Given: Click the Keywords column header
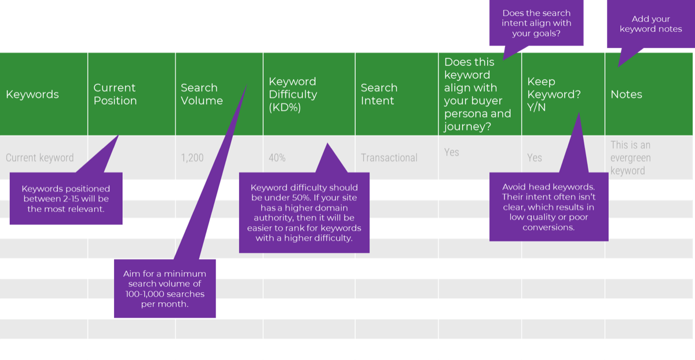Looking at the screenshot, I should tap(32, 94).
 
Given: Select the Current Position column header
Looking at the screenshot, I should tap(115, 94).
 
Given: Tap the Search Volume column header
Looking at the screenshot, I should tap(202, 94).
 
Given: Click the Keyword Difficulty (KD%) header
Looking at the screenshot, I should tap(293, 94).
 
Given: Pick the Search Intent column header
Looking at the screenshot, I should tap(379, 94).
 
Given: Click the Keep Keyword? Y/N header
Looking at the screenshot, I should tap(554, 94).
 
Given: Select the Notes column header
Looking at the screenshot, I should tap(626, 94).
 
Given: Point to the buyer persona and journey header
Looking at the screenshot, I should tap(477, 94).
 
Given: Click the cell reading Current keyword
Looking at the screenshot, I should tap(40, 157).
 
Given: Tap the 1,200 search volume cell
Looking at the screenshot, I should tap(192, 157).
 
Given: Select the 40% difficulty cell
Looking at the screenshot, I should tap(277, 157).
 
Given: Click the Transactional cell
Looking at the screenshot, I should tap(389, 157).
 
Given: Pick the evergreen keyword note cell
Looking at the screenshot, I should tap(631, 157).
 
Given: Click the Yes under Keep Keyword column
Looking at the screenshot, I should tap(535, 157).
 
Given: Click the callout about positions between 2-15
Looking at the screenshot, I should tap(66, 199).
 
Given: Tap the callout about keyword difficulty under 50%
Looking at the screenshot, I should tap(304, 212).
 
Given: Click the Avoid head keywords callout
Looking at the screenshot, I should tap(548, 207).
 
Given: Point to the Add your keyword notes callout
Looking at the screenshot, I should tap(650, 24).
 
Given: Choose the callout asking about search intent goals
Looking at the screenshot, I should tap(536, 23).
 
